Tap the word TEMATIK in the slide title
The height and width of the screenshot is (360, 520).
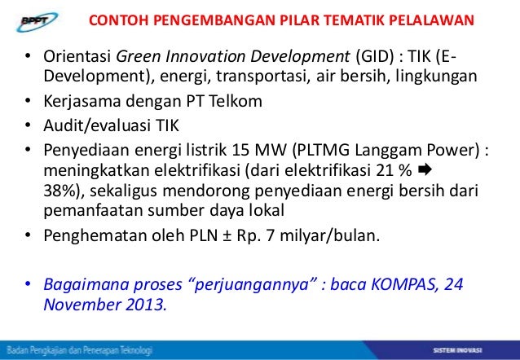point(353,20)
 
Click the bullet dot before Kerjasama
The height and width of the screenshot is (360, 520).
point(26,103)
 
